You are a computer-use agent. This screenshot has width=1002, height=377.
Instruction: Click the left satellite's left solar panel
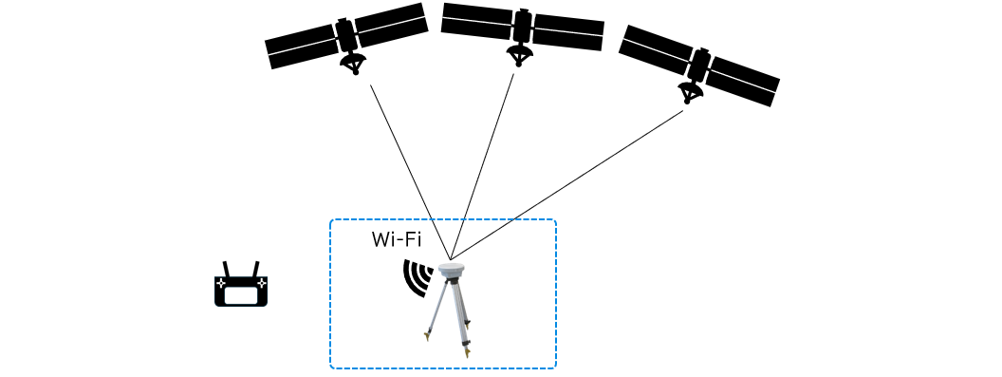(x=302, y=47)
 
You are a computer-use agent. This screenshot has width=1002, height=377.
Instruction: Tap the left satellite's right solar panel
(x=391, y=25)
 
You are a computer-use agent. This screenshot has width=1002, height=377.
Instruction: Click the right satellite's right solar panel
(x=743, y=82)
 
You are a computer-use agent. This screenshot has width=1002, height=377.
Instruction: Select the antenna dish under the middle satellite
(x=520, y=54)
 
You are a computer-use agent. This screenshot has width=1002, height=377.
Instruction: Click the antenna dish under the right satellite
(x=690, y=92)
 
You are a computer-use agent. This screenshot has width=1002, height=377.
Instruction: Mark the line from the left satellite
(x=410, y=172)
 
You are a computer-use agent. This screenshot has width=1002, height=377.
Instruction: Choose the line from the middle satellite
(x=482, y=167)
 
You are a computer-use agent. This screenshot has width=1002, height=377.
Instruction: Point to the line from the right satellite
(x=566, y=185)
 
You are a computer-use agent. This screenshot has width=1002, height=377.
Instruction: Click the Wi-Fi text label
(x=397, y=240)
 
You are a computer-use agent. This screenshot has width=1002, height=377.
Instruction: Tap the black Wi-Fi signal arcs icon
(x=417, y=278)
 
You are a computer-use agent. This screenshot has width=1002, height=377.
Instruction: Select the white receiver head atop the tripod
(x=452, y=272)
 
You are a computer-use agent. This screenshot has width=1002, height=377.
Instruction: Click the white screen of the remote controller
(x=241, y=295)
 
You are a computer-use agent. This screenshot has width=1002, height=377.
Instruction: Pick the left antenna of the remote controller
(x=226, y=269)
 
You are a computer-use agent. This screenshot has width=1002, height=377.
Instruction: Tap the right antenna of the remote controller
(x=255, y=269)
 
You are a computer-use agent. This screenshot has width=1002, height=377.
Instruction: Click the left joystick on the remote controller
(x=220, y=282)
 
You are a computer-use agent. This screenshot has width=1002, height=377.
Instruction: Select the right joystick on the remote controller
(x=261, y=282)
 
